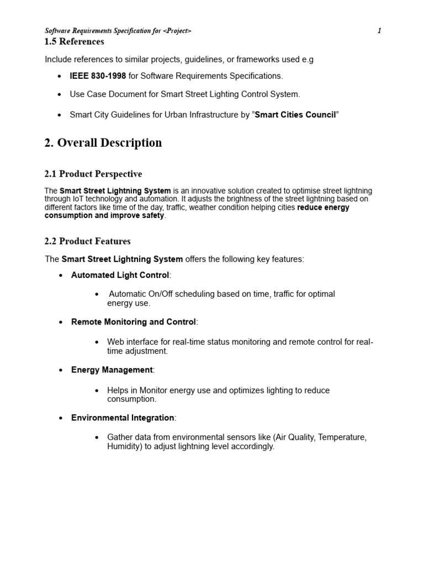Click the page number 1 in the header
click(379, 31)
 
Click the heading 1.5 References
click(74, 42)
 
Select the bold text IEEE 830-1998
click(98, 76)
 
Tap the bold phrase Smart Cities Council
click(295, 115)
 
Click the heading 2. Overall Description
click(103, 143)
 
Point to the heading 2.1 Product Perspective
click(93, 174)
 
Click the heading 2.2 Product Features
click(87, 241)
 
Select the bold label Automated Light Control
click(120, 275)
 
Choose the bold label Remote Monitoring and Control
click(133, 322)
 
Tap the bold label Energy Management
click(112, 370)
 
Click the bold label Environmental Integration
click(123, 418)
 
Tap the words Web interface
click(131, 342)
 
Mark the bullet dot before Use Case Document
click(60, 95)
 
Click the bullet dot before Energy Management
click(61, 371)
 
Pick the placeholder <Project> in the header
click(177, 31)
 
